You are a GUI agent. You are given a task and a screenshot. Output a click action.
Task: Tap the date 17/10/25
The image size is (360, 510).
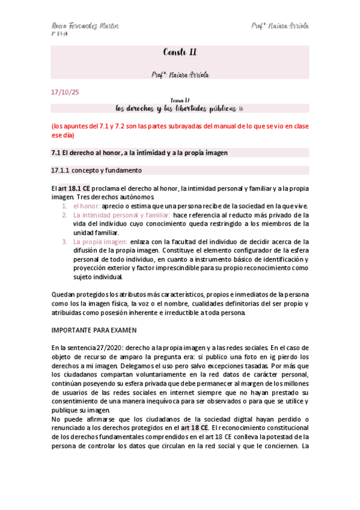(62, 93)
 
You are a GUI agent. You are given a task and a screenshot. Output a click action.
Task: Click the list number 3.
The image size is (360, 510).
(65, 242)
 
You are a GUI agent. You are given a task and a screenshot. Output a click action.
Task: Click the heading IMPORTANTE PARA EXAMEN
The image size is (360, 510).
(94, 330)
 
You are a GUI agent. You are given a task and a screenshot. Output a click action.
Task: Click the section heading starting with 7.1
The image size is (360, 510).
(139, 153)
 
